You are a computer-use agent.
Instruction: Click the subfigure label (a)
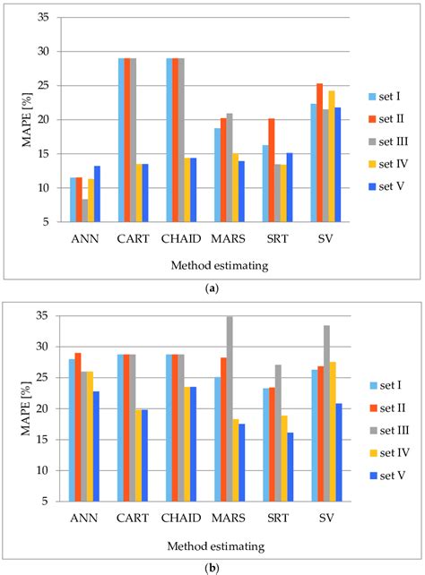click(x=212, y=288)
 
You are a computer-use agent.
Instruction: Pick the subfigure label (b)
click(x=212, y=567)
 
